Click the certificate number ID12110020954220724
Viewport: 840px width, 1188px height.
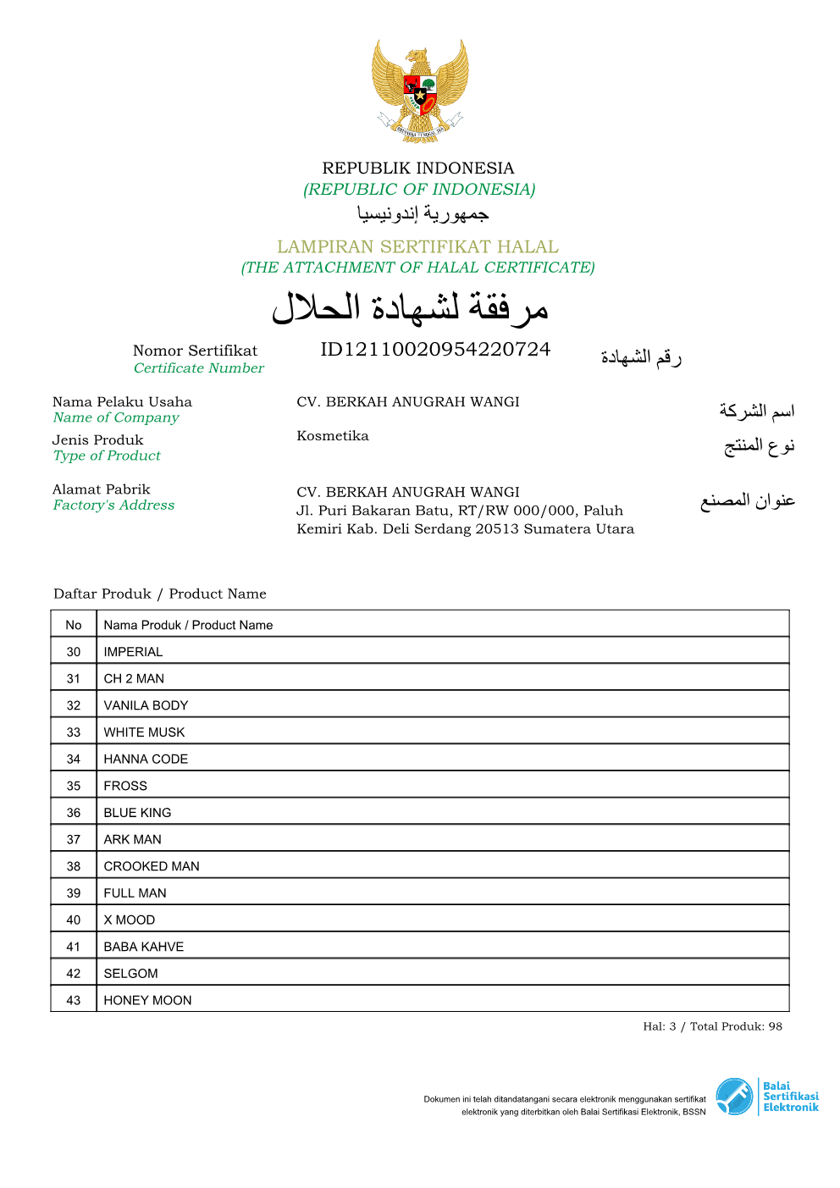click(435, 350)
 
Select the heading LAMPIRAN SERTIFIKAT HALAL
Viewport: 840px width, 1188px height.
click(417, 246)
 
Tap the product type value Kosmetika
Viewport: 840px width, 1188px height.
click(333, 436)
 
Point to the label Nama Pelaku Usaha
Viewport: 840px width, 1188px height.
click(122, 402)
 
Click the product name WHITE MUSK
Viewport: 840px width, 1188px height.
click(144, 732)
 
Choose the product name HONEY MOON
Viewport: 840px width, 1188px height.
click(147, 1000)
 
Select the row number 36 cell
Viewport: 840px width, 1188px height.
click(74, 813)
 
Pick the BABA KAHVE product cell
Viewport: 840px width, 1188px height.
click(144, 947)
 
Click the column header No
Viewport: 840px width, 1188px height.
click(74, 625)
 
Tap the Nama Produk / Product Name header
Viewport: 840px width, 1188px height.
click(188, 625)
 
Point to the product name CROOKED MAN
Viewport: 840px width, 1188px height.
click(152, 866)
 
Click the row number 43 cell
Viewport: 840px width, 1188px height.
click(74, 1000)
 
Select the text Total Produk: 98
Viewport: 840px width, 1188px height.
click(736, 1026)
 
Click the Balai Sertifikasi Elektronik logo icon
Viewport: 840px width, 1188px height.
click(734, 1097)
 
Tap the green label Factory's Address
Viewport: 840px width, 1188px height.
click(113, 506)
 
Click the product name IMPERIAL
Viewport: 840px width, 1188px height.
click(133, 652)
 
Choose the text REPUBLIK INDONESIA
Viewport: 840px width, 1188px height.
click(418, 168)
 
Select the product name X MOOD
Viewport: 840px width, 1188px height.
click(130, 920)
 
